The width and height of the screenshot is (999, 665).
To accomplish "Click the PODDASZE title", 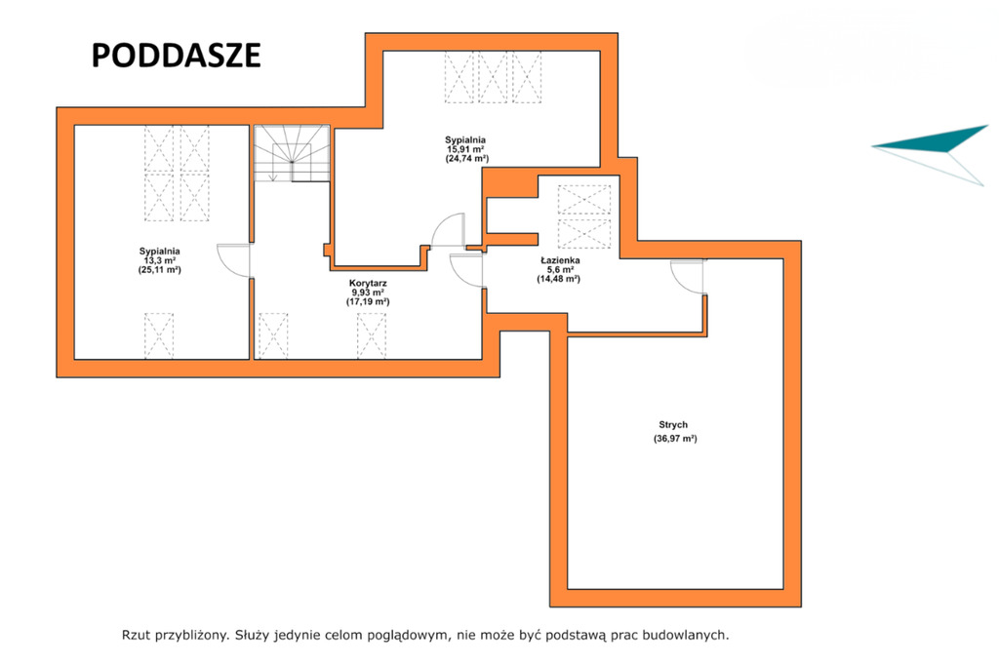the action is [176, 56].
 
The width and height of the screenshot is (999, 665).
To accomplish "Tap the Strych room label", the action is [673, 425].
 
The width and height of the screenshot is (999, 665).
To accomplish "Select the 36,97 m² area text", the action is [675, 439].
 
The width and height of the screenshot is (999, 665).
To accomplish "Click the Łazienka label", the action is [560, 260].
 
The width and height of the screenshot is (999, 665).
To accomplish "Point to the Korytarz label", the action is [368, 284].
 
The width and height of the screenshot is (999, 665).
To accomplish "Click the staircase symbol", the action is [292, 153].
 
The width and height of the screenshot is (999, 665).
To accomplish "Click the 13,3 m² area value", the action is [159, 260].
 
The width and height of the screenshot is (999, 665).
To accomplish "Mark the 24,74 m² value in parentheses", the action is [467, 159].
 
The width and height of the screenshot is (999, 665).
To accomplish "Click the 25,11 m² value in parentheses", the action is [160, 270].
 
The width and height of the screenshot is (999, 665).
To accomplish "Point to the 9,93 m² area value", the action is [368, 293].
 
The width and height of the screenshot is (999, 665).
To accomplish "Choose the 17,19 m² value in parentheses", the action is [368, 302].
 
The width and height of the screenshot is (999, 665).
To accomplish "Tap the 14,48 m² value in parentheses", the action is [559, 279].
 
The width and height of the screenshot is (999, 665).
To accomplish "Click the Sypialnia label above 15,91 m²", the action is [465, 140].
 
